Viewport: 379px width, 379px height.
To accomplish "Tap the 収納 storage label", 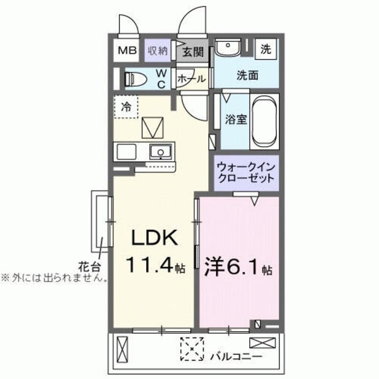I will pyautogui.click(x=157, y=51).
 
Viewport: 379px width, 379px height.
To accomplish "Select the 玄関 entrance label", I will pyautogui.click(x=191, y=52).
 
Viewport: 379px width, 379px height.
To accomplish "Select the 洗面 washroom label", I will pyautogui.click(x=247, y=76).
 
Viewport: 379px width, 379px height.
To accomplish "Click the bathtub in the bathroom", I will pyautogui.click(x=265, y=123).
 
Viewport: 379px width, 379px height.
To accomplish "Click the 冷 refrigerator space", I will pyautogui.click(x=126, y=107).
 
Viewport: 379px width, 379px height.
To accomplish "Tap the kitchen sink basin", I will pyautogui.click(x=159, y=153).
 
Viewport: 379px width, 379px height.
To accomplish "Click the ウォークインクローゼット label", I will pyautogui.click(x=245, y=172).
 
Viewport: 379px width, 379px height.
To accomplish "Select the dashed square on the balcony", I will pyautogui.click(x=192, y=348).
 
